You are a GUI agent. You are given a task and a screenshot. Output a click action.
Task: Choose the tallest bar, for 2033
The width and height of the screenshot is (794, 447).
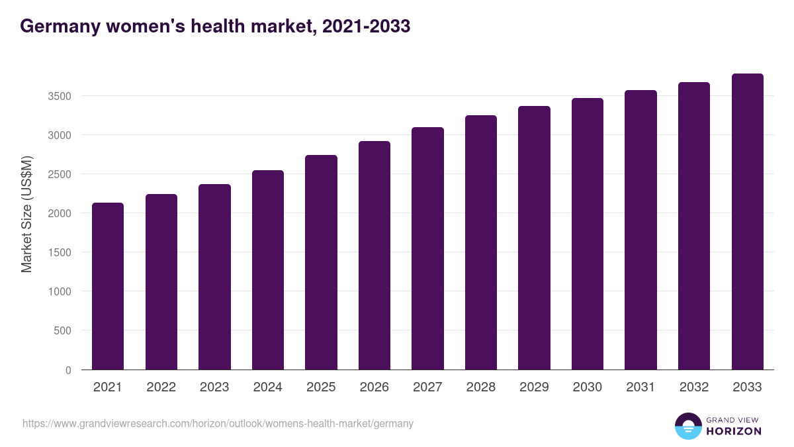pos(747,222)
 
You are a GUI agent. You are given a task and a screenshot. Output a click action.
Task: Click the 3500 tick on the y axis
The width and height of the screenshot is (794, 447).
pos(59,97)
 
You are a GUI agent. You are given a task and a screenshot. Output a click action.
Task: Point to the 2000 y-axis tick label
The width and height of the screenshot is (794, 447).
pos(59,214)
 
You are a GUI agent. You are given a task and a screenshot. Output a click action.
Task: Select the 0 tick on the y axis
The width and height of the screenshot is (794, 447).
pos(68,370)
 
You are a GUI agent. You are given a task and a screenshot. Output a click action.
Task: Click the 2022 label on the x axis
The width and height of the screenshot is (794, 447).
pos(161,387)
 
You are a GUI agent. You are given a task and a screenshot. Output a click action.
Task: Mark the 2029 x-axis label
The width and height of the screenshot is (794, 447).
pos(534,387)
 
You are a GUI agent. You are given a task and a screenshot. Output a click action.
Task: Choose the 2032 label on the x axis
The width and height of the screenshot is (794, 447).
pos(694,387)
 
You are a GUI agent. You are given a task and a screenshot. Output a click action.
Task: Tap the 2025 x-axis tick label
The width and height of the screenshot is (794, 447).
pos(321,387)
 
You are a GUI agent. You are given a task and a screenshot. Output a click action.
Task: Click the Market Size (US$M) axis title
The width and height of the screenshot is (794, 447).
pos(26,213)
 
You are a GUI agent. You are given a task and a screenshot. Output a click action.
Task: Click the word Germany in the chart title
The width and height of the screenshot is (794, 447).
pos(58,26)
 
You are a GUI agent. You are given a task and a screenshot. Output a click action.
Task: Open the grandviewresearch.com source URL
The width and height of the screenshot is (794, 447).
pos(218,423)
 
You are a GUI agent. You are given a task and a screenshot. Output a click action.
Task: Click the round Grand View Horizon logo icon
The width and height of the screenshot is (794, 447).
pos(687,426)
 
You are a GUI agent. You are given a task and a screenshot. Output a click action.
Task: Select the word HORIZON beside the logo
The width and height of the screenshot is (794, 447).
pos(734,431)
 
